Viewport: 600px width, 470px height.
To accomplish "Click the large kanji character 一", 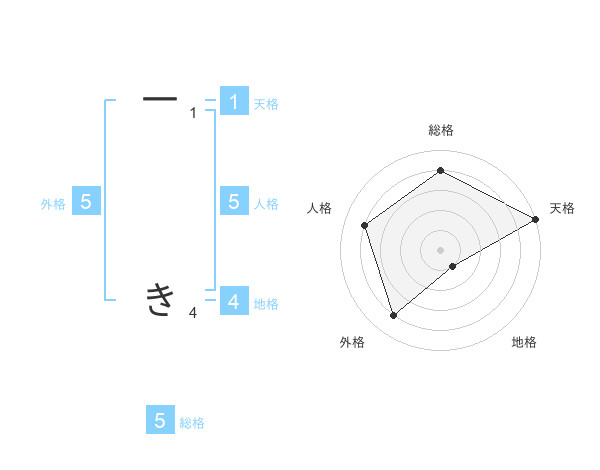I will [160, 99].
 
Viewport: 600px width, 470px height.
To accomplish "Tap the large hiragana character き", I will [160, 298].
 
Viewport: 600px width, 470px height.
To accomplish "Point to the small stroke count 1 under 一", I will [193, 113].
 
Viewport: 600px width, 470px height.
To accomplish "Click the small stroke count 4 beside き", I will [193, 313].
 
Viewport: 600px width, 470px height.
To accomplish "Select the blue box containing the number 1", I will [234, 101].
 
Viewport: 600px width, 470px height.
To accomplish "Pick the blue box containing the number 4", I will [234, 301].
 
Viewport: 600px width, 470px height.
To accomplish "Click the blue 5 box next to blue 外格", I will [86, 202].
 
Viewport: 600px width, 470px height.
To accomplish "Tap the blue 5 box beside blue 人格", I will [234, 201].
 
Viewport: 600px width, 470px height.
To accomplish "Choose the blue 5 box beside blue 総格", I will [160, 421].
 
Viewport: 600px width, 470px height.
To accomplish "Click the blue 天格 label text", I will [266, 104].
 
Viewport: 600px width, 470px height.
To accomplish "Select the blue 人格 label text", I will [266, 204].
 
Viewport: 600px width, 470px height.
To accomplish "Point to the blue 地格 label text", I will [266, 304].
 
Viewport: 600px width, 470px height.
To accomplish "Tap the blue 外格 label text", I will [53, 204].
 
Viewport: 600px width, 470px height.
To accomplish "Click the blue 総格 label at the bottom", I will [192, 424].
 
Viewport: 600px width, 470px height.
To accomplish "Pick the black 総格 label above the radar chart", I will [440, 131].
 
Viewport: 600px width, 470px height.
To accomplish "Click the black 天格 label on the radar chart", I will [562, 208].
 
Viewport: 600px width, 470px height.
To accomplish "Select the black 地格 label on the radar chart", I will [524, 343].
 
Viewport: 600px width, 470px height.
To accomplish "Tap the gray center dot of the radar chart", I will [440, 249].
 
